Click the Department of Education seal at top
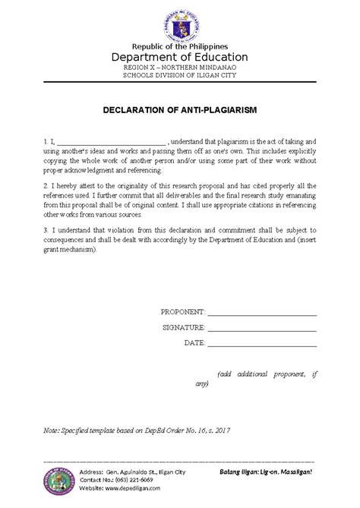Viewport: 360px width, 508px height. tap(180, 24)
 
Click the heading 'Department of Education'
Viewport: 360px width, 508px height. tap(180, 57)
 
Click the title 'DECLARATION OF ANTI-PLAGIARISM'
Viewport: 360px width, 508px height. tap(180, 110)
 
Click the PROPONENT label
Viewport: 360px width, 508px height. tap(183, 312)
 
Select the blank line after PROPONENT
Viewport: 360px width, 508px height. tap(262, 313)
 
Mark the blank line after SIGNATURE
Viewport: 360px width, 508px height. tap(262, 328)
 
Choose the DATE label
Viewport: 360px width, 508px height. tap(194, 342)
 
